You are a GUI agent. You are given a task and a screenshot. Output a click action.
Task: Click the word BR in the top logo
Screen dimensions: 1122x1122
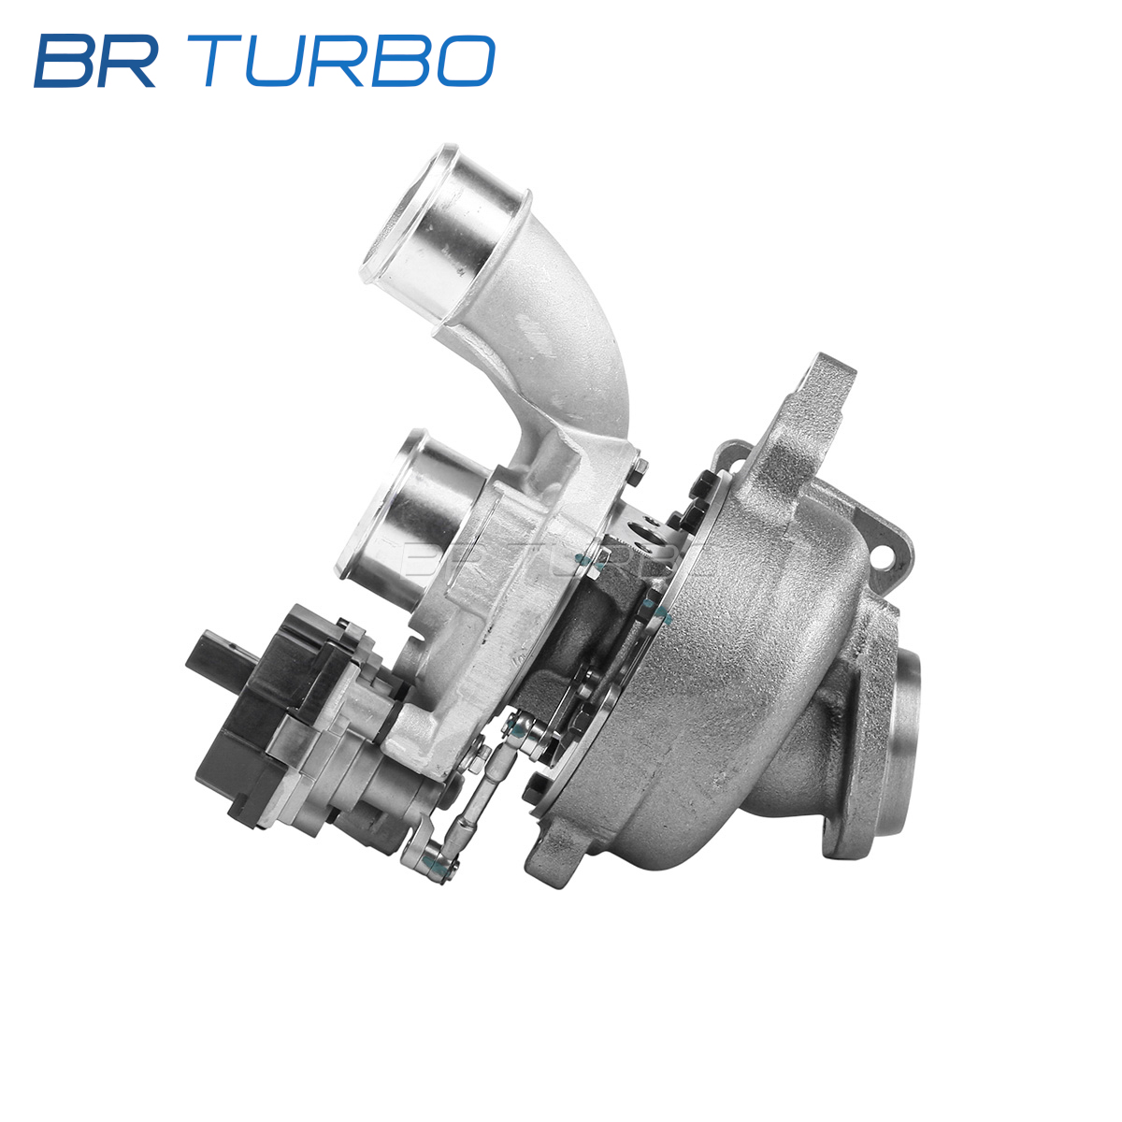pos(95,61)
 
